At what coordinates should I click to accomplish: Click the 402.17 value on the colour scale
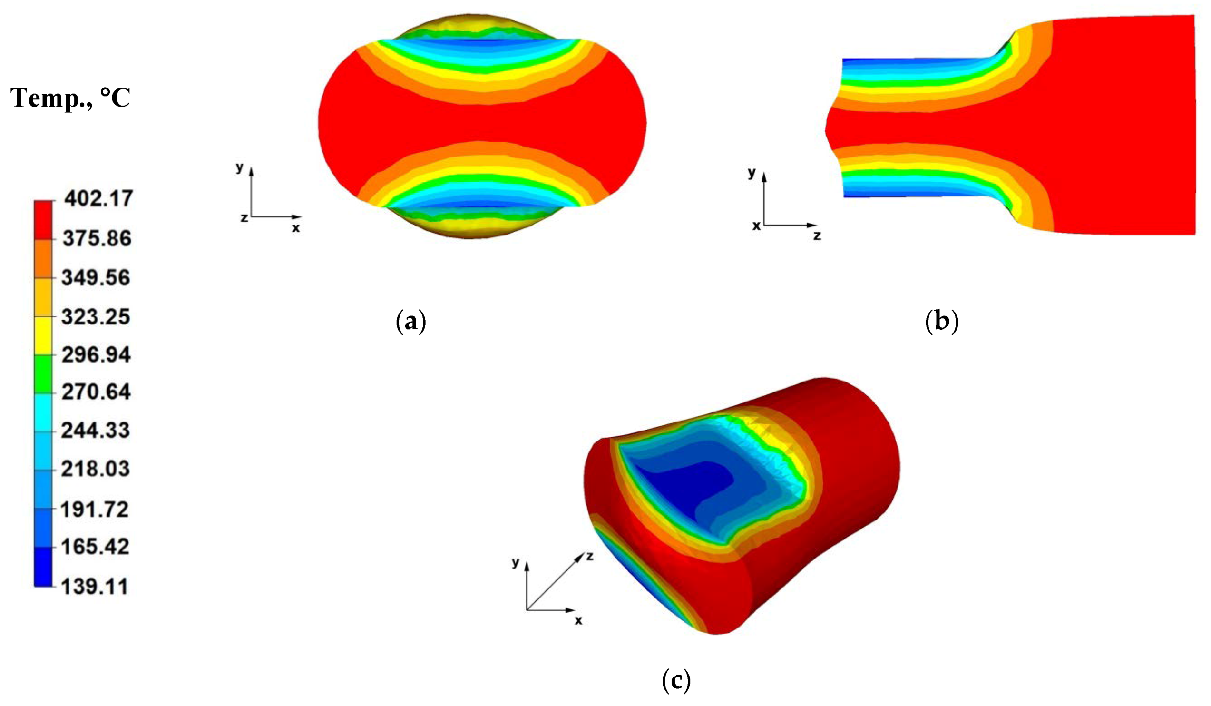point(98,198)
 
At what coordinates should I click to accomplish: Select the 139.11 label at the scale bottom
point(95,586)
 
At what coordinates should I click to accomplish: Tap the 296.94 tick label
point(96,355)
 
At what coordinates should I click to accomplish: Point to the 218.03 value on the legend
point(95,469)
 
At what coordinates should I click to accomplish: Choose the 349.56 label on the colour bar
point(96,278)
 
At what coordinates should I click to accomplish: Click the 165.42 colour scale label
point(95,547)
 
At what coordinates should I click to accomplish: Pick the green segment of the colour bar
point(43,373)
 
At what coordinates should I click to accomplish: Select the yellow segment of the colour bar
point(43,335)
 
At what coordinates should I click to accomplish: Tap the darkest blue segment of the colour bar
point(43,567)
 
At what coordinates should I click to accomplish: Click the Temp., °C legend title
point(70,98)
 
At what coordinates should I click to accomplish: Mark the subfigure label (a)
point(410,322)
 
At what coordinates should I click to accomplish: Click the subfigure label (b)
point(941,322)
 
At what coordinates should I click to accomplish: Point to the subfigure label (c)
point(676,680)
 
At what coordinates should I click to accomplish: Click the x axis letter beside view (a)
point(295,228)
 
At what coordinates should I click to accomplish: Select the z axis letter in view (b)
point(817,236)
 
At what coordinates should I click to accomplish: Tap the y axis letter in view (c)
point(516,562)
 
